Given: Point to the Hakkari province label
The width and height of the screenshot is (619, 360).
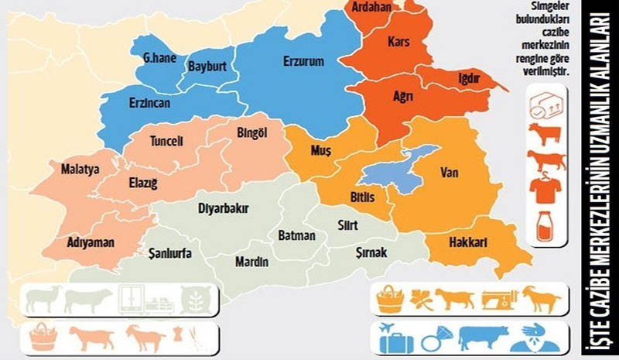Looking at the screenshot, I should (467, 243).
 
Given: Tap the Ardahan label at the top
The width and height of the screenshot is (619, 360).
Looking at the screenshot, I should (371, 7).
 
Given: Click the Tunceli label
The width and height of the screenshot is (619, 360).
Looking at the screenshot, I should (166, 142).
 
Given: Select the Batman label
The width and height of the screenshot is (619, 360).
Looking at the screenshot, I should (296, 235).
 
